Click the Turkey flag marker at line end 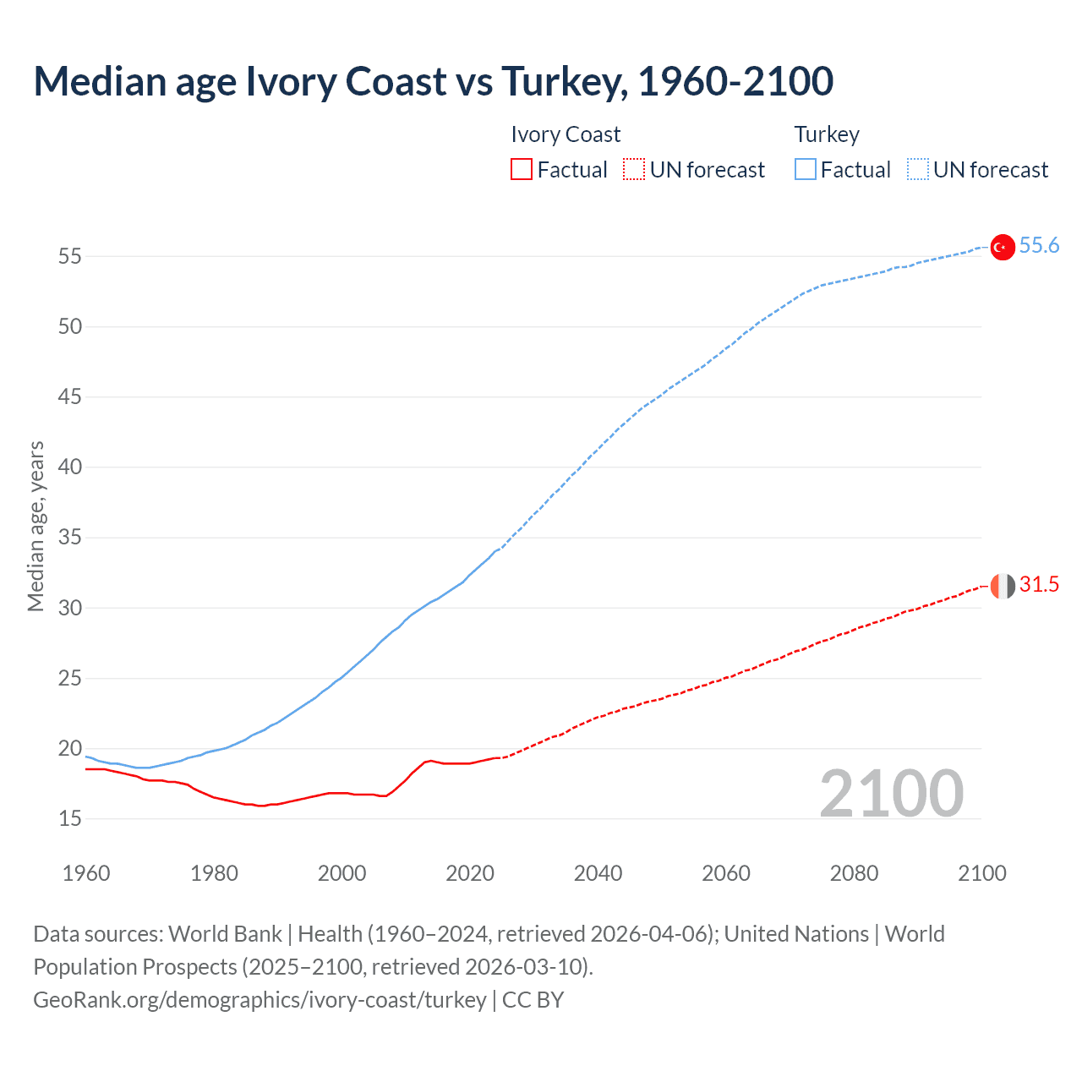pos(1002,247)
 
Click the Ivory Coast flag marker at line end pos(1002,585)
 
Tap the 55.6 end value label pos(1039,246)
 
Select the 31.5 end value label pos(1039,584)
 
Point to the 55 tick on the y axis pos(70,256)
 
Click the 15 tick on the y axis pos(70,818)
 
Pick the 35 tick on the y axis pos(70,538)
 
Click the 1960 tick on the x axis pos(86,873)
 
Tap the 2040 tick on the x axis pos(598,873)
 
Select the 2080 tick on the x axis pos(854,873)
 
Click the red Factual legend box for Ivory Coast pos(522,170)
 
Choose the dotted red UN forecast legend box pos(634,170)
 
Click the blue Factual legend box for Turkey pos(806,170)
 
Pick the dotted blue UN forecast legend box pos(917,170)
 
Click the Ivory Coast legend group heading pos(566,134)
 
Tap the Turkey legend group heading pos(827,134)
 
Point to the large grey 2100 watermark pos(891,793)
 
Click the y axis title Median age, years pos(36,526)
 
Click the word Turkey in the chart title pos(563,81)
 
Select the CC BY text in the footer pos(533,1000)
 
